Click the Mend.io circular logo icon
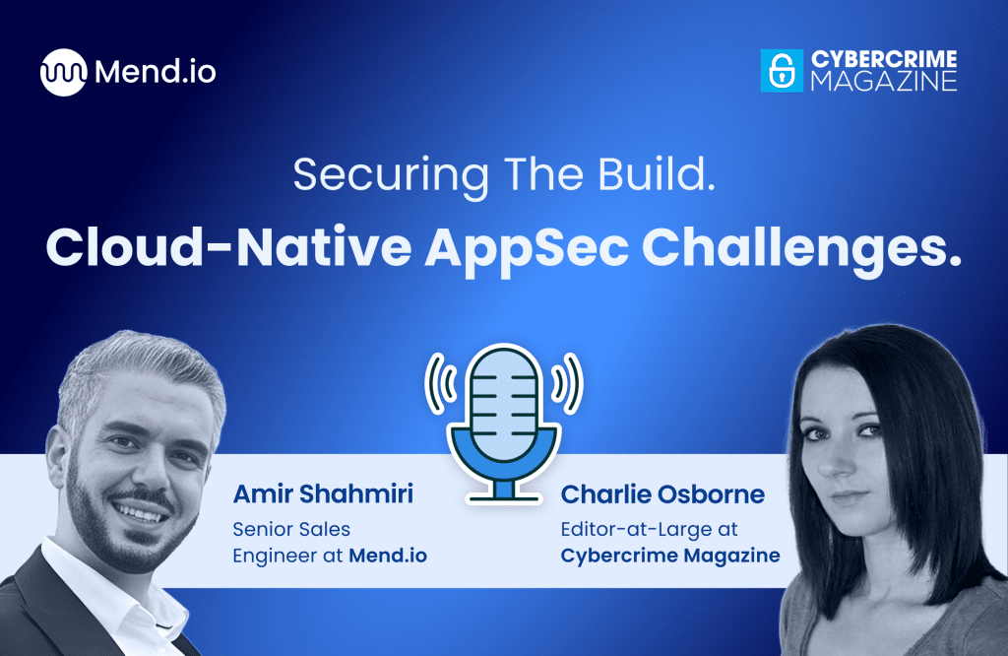64,72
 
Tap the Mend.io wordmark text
156,72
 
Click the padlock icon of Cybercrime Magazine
782,71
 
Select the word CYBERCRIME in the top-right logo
883,60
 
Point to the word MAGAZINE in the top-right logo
883,82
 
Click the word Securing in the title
377,174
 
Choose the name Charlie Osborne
661,494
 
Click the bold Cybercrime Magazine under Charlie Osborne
669,555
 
